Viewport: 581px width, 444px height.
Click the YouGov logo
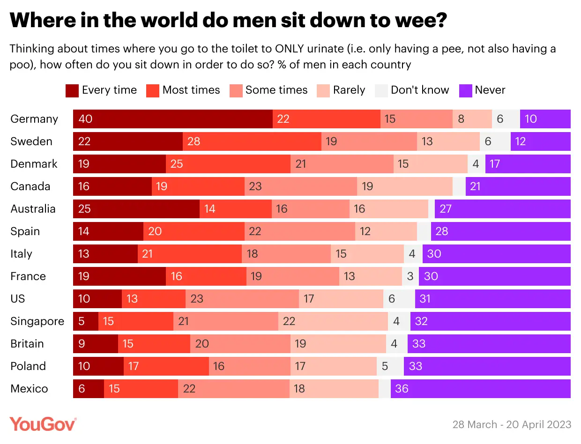(x=43, y=424)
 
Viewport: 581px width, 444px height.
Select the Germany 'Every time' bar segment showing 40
(x=172, y=119)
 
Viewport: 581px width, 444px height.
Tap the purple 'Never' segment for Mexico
(x=480, y=389)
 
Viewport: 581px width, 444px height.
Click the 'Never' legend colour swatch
(x=465, y=90)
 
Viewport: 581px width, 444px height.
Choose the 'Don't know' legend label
(x=419, y=90)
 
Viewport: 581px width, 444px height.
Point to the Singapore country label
(x=37, y=321)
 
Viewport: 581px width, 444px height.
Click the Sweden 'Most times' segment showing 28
(x=252, y=141)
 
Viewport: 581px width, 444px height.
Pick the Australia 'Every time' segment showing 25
(x=136, y=209)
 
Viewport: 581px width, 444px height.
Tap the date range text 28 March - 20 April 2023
(x=512, y=424)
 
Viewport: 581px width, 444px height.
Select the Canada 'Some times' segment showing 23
(x=300, y=186)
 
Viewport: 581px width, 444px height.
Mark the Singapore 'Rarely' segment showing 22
(x=333, y=321)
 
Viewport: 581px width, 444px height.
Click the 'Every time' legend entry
(x=101, y=90)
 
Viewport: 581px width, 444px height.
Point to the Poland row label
(x=28, y=366)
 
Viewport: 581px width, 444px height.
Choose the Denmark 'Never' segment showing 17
(x=528, y=164)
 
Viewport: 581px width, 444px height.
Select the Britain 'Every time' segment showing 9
(x=95, y=344)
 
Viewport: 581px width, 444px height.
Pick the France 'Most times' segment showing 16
(x=206, y=276)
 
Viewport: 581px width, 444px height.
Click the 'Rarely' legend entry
(x=341, y=90)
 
